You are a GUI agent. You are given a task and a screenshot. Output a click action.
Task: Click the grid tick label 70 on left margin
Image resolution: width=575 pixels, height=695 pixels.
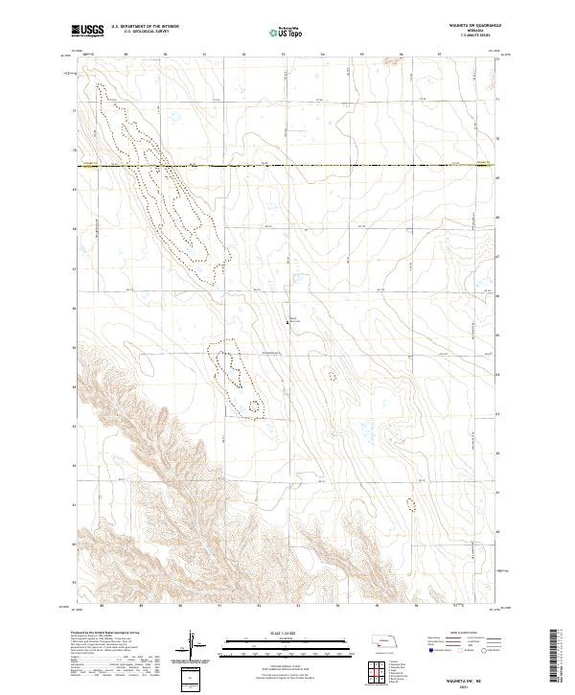coord(75,151)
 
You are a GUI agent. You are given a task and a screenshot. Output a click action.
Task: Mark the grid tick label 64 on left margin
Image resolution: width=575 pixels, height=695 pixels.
coord(75,386)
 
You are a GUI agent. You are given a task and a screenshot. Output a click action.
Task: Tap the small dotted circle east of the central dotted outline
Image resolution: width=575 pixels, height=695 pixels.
coord(333,376)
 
